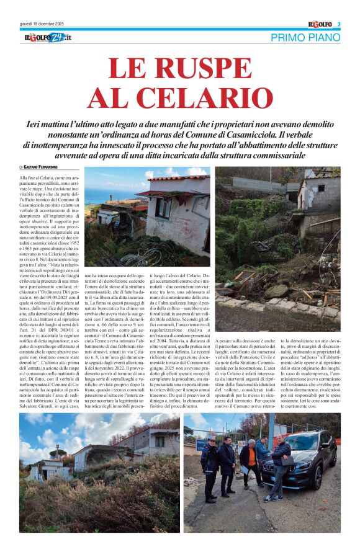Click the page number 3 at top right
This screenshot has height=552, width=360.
[x=339, y=24]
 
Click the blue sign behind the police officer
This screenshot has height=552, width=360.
[x=203, y=445]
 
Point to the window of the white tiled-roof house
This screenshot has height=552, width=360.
[x=163, y=207]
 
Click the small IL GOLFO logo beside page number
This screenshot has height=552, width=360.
[x=320, y=24]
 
